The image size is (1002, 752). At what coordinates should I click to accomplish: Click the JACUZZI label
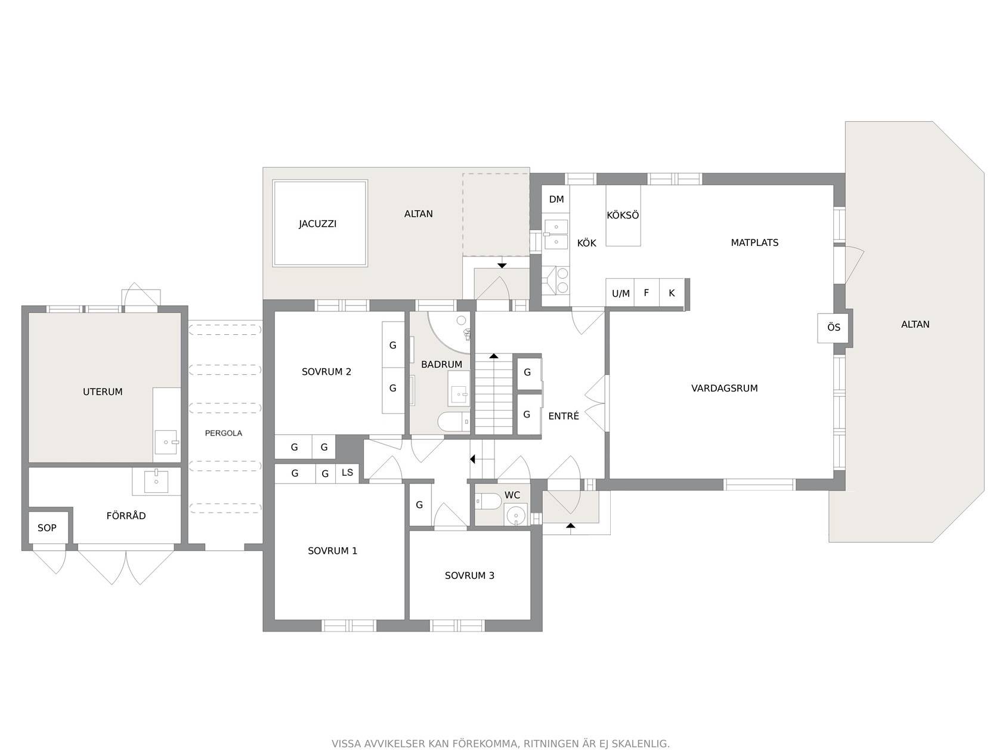(x=317, y=224)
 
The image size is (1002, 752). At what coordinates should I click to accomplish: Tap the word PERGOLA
(x=223, y=433)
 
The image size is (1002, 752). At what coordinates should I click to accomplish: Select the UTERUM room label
(x=103, y=392)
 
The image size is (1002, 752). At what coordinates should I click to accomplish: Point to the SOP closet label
(x=47, y=528)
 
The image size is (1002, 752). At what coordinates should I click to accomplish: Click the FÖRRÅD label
(x=126, y=516)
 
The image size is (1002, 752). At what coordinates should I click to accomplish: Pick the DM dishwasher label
(x=556, y=199)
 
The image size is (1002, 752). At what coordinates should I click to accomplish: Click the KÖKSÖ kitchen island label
(x=623, y=215)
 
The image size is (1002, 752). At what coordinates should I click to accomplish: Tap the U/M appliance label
(x=621, y=294)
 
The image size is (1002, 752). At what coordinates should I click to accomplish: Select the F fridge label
(x=647, y=292)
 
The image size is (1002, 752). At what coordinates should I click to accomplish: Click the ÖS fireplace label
(x=834, y=327)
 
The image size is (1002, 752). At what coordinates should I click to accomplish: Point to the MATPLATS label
(x=754, y=242)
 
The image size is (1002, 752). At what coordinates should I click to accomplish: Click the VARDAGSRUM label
(x=725, y=388)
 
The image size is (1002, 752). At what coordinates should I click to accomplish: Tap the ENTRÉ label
(x=563, y=415)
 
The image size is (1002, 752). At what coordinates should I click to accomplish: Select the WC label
(x=512, y=495)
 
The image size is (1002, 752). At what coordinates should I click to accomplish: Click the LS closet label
(x=347, y=472)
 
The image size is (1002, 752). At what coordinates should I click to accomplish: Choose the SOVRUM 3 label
(x=469, y=575)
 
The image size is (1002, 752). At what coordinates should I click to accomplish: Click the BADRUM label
(x=441, y=364)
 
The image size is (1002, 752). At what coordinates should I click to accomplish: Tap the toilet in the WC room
(x=488, y=501)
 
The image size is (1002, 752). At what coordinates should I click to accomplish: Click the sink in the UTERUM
(x=166, y=442)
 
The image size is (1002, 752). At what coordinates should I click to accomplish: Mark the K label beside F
(x=672, y=292)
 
